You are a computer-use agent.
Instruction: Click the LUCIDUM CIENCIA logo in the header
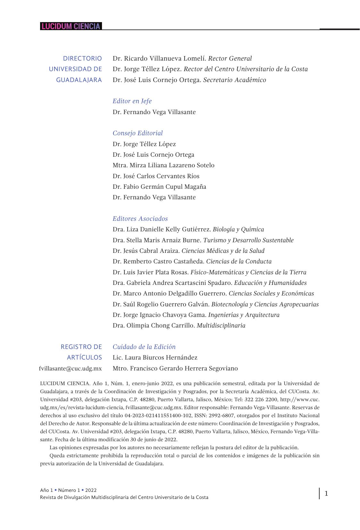click(71, 26)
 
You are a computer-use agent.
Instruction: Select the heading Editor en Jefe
click(132, 101)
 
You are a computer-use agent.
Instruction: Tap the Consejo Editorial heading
click(138, 133)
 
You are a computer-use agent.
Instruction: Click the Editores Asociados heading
click(140, 219)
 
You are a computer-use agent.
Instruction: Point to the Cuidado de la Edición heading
click(144, 347)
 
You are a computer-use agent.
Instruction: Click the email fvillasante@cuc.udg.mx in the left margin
click(71, 369)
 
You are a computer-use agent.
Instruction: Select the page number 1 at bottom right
click(326, 493)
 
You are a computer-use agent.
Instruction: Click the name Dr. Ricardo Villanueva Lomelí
click(159, 59)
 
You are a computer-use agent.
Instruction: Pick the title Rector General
click(230, 59)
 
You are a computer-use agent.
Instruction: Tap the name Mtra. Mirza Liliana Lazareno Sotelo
click(163, 165)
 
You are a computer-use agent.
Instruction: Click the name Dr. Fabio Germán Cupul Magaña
click(159, 187)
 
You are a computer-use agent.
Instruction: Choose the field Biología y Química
click(238, 229)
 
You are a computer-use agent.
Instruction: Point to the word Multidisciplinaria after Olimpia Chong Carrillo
click(221, 326)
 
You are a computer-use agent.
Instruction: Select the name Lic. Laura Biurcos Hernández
click(155, 358)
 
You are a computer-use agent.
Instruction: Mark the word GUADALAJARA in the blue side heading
click(79, 80)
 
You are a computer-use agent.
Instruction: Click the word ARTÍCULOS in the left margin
click(84, 358)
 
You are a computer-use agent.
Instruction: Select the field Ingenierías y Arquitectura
click(244, 315)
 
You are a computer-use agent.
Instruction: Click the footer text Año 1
click(46, 490)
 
